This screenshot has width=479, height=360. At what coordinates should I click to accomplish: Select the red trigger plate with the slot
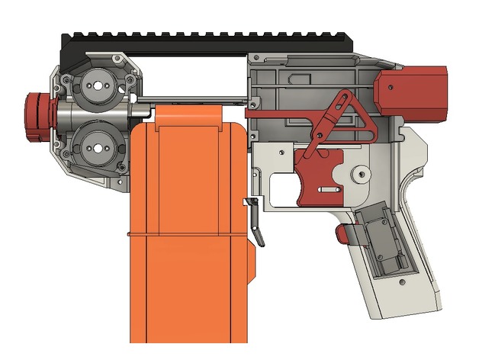[x=320, y=175]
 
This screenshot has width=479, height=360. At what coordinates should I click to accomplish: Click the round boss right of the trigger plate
[x=358, y=175]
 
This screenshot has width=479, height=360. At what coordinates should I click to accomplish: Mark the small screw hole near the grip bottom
[x=400, y=284]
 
